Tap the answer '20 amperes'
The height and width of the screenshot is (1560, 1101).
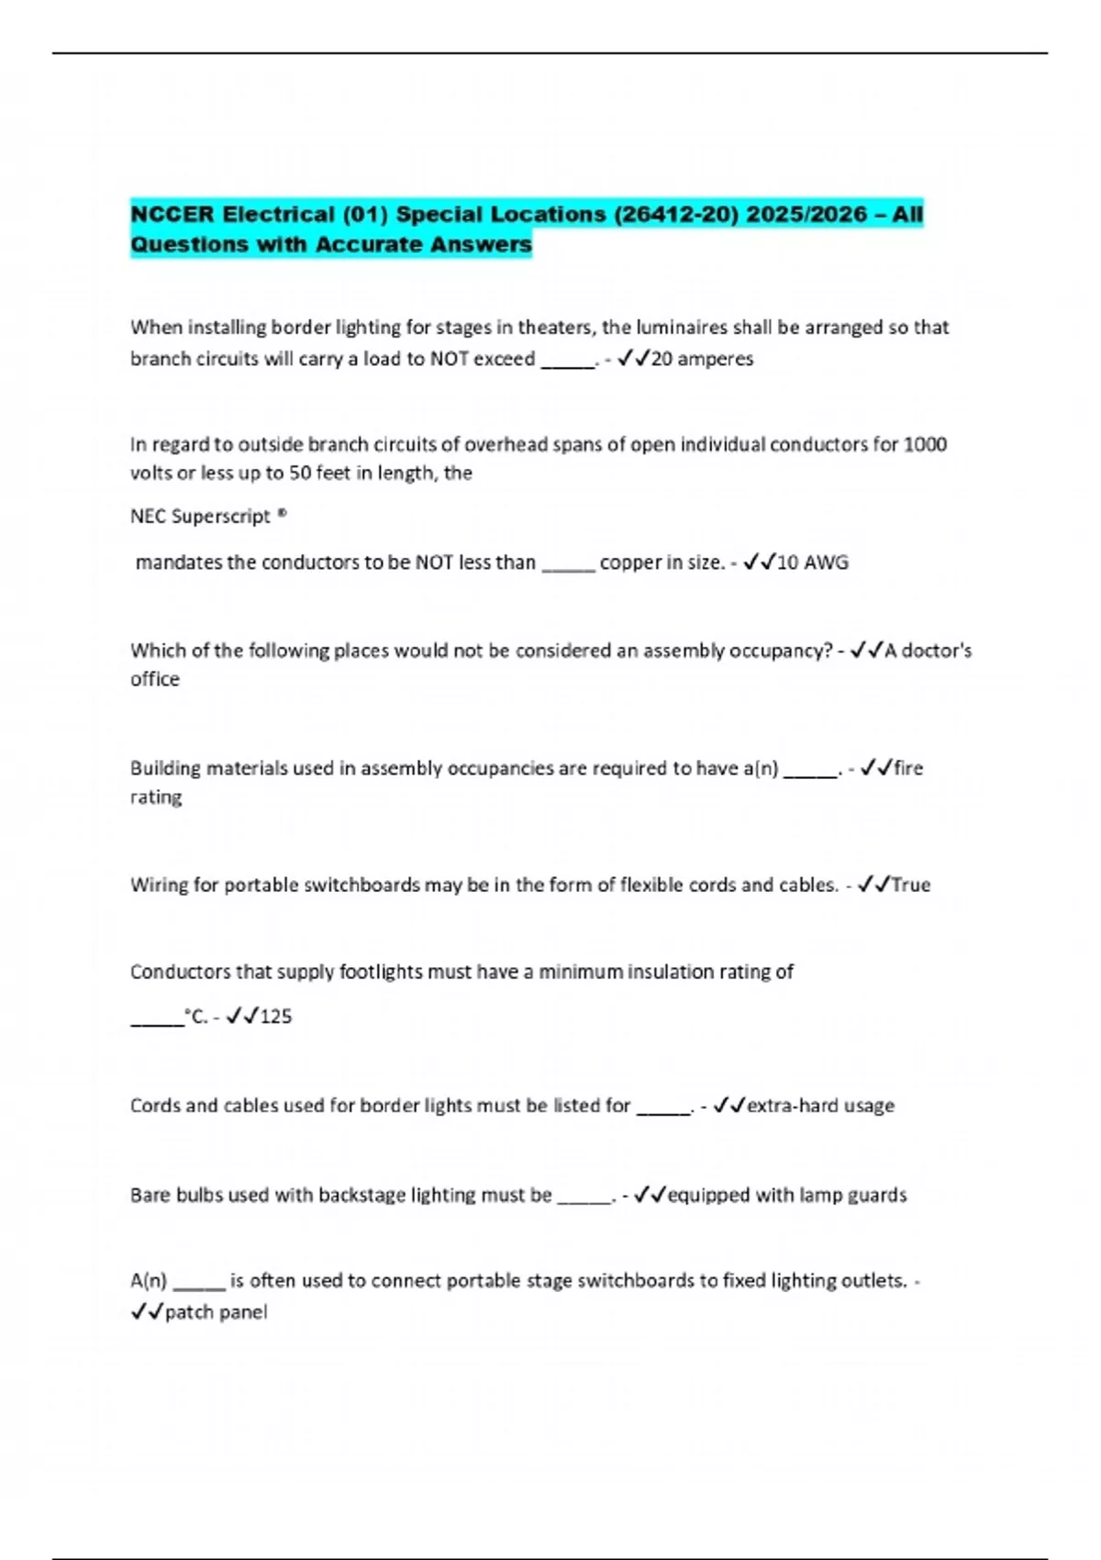tap(702, 359)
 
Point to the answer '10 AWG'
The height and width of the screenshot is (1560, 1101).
tap(812, 563)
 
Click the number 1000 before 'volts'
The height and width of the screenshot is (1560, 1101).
tap(925, 445)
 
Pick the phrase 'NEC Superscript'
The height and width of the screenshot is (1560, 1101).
tap(200, 517)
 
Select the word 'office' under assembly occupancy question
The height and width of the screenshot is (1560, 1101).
tap(155, 680)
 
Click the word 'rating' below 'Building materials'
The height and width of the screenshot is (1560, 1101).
tap(156, 797)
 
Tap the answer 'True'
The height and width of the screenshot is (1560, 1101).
tap(911, 886)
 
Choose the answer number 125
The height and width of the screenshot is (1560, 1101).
tap(275, 1017)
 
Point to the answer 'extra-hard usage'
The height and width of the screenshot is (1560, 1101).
tap(820, 1106)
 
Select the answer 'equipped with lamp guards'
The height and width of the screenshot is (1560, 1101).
tap(786, 1196)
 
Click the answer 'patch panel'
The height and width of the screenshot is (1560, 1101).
tap(216, 1312)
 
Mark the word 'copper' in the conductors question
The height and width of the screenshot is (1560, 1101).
tap(629, 563)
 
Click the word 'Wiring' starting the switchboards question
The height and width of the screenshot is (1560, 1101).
tap(160, 886)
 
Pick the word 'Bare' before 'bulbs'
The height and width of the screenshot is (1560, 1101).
tap(150, 1196)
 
